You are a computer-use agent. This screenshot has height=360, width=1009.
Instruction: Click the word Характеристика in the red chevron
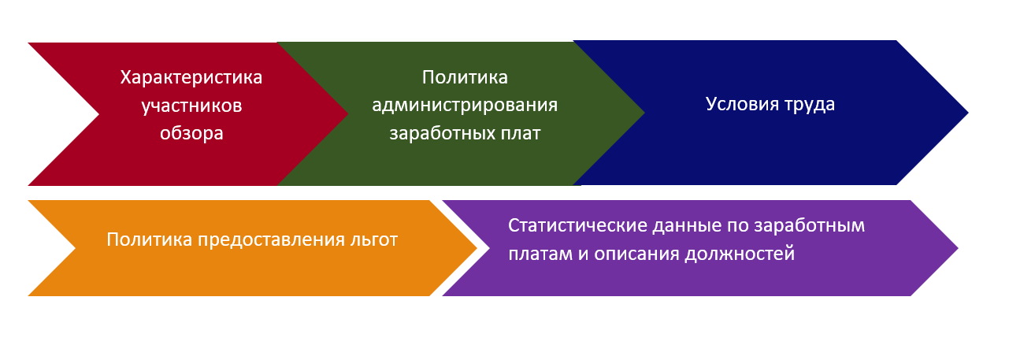191,78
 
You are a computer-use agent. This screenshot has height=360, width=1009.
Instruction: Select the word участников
192,106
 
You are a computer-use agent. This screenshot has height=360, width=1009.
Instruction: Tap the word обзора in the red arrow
191,133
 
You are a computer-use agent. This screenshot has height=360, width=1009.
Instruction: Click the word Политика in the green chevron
465,77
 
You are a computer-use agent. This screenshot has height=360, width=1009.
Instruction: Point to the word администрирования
465,106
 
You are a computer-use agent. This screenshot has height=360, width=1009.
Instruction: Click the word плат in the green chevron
519,133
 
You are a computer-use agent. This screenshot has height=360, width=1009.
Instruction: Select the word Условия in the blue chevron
742,104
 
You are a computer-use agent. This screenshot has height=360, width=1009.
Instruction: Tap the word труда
810,105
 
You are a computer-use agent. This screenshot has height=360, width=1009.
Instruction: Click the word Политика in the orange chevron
150,239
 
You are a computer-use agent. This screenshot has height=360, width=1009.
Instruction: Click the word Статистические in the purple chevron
577,225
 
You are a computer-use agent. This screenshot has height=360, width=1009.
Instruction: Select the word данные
687,226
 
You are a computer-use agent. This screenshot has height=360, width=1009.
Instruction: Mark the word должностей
740,254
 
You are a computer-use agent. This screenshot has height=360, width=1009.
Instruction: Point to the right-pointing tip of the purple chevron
958,248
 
